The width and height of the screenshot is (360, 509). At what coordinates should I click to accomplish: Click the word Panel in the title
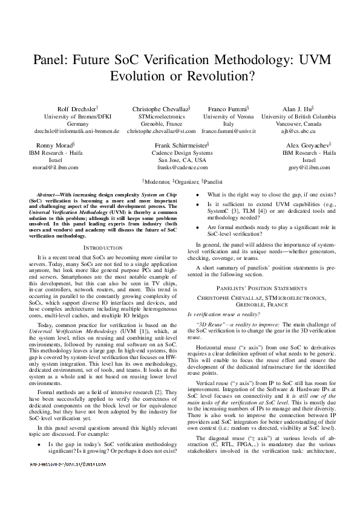coord(51,60)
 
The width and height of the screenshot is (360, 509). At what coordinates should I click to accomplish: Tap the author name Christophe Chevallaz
coord(160,108)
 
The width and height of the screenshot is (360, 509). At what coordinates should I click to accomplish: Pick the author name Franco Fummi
coord(227,108)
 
